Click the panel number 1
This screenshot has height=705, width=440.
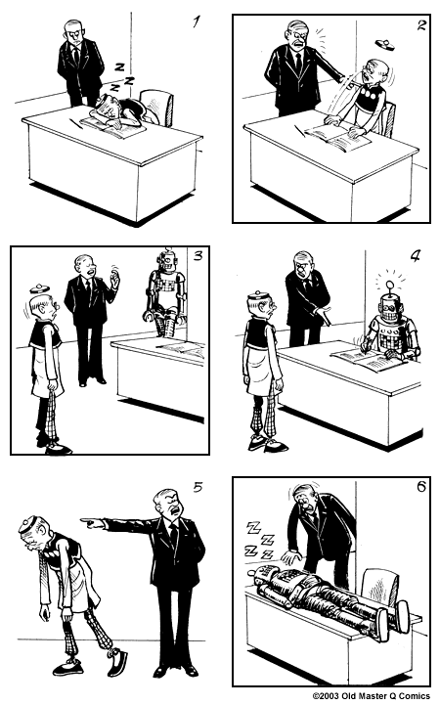coord(196,21)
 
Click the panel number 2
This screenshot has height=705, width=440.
coord(421,24)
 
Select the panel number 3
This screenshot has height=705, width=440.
coord(198,256)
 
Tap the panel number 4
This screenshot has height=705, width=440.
coord(415,256)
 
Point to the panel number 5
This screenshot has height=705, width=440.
coord(198,487)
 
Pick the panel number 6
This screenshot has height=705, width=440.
coord(421,487)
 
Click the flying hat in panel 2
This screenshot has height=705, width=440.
coord(384,44)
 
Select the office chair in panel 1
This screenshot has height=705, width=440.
coord(157,107)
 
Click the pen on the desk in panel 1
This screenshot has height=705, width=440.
coord(76,123)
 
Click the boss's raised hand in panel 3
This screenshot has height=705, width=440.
coord(114,281)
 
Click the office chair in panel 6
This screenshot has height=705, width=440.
coord(379,587)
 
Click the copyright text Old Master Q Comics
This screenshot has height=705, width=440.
coord(372,695)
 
